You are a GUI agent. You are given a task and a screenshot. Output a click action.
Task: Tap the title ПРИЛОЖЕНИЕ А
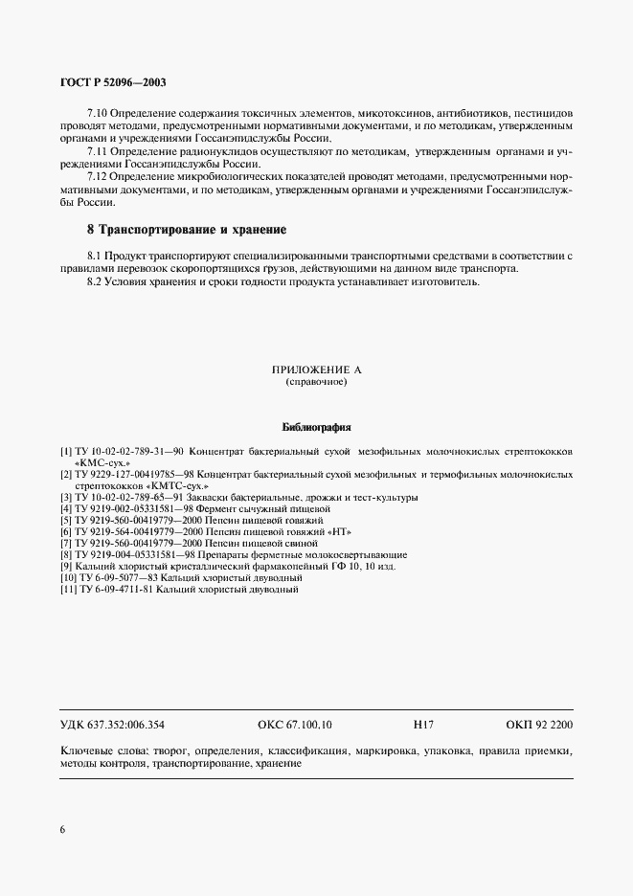click(x=315, y=370)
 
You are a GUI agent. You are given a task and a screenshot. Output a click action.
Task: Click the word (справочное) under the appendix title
click(x=315, y=382)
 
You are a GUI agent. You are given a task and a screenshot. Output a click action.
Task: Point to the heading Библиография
click(x=317, y=427)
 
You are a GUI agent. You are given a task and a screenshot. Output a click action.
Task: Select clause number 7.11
click(x=98, y=151)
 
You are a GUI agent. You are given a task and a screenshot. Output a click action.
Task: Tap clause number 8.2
click(x=94, y=281)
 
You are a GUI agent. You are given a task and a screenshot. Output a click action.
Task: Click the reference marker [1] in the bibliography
click(x=65, y=449)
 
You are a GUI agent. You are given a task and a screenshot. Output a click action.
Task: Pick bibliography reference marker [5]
click(x=65, y=520)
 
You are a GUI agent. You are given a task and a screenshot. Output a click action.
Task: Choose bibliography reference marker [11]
click(x=68, y=590)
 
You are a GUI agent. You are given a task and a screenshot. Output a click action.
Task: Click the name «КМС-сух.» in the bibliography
click(x=102, y=460)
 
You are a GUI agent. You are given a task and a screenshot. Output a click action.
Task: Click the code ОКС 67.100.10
click(x=295, y=725)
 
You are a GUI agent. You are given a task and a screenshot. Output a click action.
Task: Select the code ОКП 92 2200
click(x=539, y=725)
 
